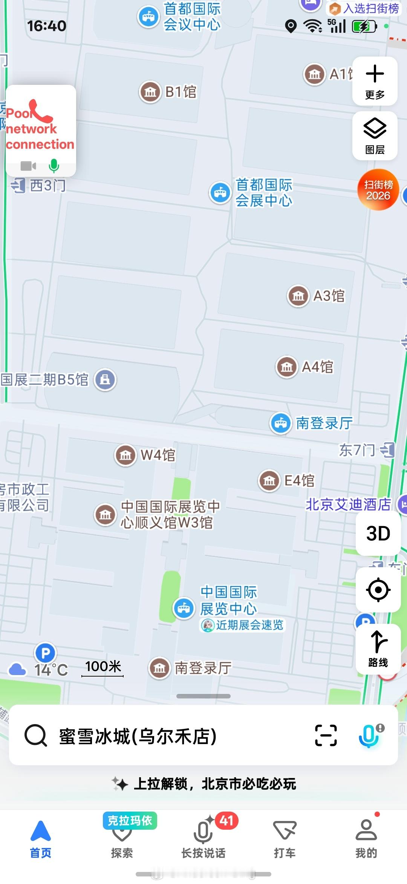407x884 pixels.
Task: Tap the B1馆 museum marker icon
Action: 150,92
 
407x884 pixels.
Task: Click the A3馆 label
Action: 329,296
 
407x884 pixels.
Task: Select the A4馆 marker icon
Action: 287,367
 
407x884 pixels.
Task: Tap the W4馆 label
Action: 158,455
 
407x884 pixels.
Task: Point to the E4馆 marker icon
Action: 269,480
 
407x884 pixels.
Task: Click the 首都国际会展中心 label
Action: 264,193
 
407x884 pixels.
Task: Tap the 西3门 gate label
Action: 47,186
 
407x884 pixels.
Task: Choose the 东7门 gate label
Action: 357,450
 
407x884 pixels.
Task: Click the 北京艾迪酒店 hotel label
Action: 348,504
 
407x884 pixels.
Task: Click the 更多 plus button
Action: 375,81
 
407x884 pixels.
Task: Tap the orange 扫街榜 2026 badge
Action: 378,190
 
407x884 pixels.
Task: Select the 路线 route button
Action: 378,649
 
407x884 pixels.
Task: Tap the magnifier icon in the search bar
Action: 36,735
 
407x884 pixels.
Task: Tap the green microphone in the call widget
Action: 54,166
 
